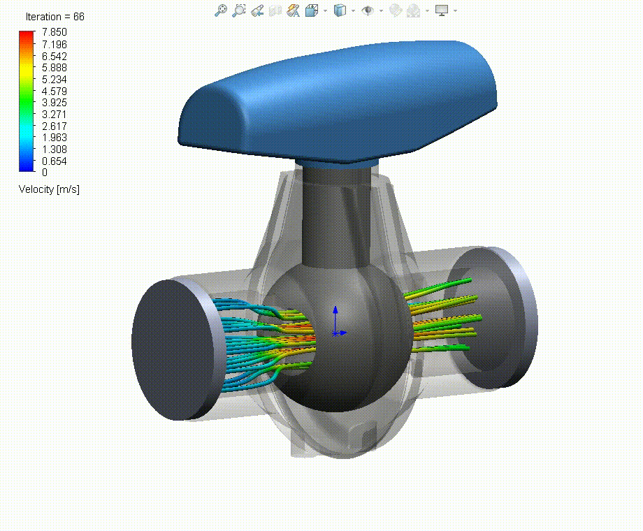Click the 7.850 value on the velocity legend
[x=53, y=34]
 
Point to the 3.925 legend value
[x=53, y=103]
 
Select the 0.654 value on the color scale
[x=53, y=161]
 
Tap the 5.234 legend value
[x=53, y=80]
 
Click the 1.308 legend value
[x=53, y=150]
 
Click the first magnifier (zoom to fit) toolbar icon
[x=221, y=10]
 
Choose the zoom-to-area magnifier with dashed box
[x=239, y=10]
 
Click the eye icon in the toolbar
[x=368, y=10]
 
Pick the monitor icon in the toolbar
[x=442, y=10]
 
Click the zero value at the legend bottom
[x=45, y=172]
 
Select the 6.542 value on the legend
[x=53, y=57]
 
